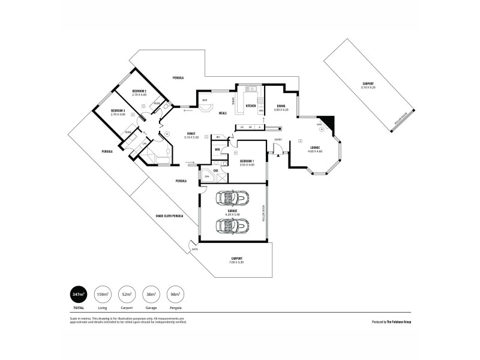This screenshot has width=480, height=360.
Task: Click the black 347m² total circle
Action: click(77, 295)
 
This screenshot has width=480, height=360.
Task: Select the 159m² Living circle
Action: click(103, 295)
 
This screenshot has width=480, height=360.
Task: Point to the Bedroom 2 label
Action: click(139, 91)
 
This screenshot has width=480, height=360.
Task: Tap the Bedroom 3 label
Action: click(118, 111)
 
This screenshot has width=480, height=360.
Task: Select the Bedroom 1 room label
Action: click(247, 161)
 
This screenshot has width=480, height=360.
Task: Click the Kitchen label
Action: click(250, 106)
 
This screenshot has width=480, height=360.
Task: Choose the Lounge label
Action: click(315, 148)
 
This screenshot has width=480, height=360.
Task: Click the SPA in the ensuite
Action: click(207, 178)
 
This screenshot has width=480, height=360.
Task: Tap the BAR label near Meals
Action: click(205, 100)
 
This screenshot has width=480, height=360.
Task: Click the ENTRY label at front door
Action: click(278, 140)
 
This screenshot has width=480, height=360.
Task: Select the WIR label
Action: click(217, 149)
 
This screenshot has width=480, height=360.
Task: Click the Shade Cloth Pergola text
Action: click(169, 215)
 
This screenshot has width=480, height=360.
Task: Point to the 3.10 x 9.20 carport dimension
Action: click(368, 88)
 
